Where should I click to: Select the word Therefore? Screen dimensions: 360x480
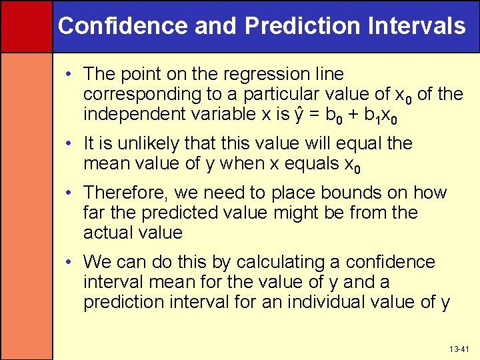pos(126,193)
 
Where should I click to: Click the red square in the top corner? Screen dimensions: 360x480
pos(26,26)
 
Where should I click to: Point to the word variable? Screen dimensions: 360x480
pos(219,114)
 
